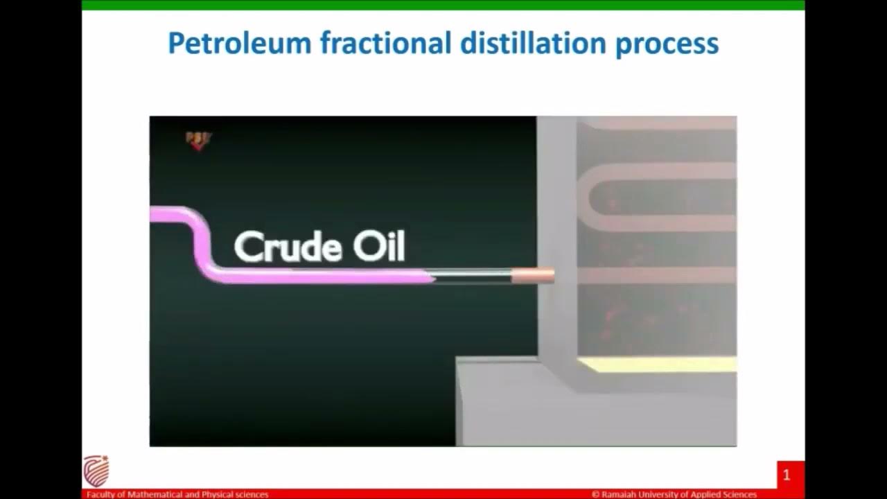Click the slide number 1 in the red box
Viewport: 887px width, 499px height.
click(x=787, y=475)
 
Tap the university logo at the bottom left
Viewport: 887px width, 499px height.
click(x=96, y=471)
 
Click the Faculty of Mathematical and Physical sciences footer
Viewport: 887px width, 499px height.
click(x=177, y=494)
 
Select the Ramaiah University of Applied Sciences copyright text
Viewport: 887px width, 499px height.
click(x=674, y=494)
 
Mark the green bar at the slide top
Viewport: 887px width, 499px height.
click(x=443, y=5)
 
